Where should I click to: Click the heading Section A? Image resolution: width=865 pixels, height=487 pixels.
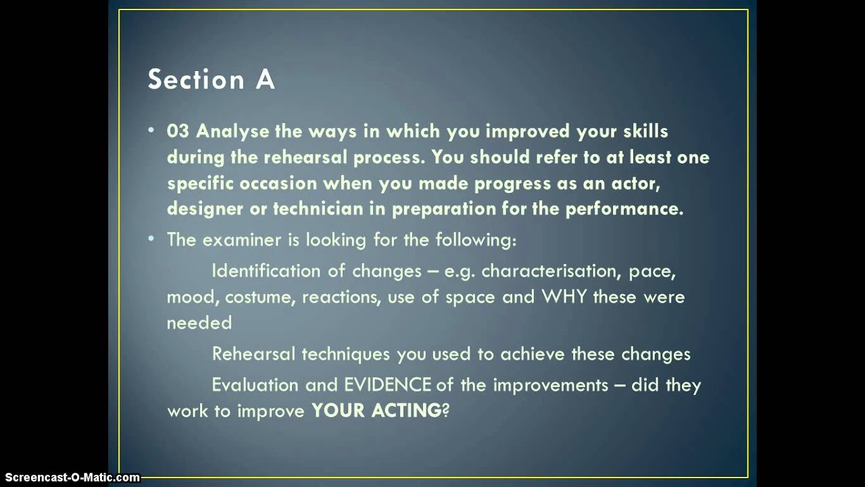point(212,79)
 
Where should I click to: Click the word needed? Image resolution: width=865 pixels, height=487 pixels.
point(199,323)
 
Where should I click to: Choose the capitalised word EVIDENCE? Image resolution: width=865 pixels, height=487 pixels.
point(388,385)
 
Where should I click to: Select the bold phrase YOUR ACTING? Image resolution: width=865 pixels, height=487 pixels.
point(376,411)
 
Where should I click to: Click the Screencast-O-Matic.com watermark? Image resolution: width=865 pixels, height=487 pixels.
point(70,478)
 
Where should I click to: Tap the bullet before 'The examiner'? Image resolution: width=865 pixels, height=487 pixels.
point(152,239)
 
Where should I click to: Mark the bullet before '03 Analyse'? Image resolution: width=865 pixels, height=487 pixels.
point(152,131)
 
